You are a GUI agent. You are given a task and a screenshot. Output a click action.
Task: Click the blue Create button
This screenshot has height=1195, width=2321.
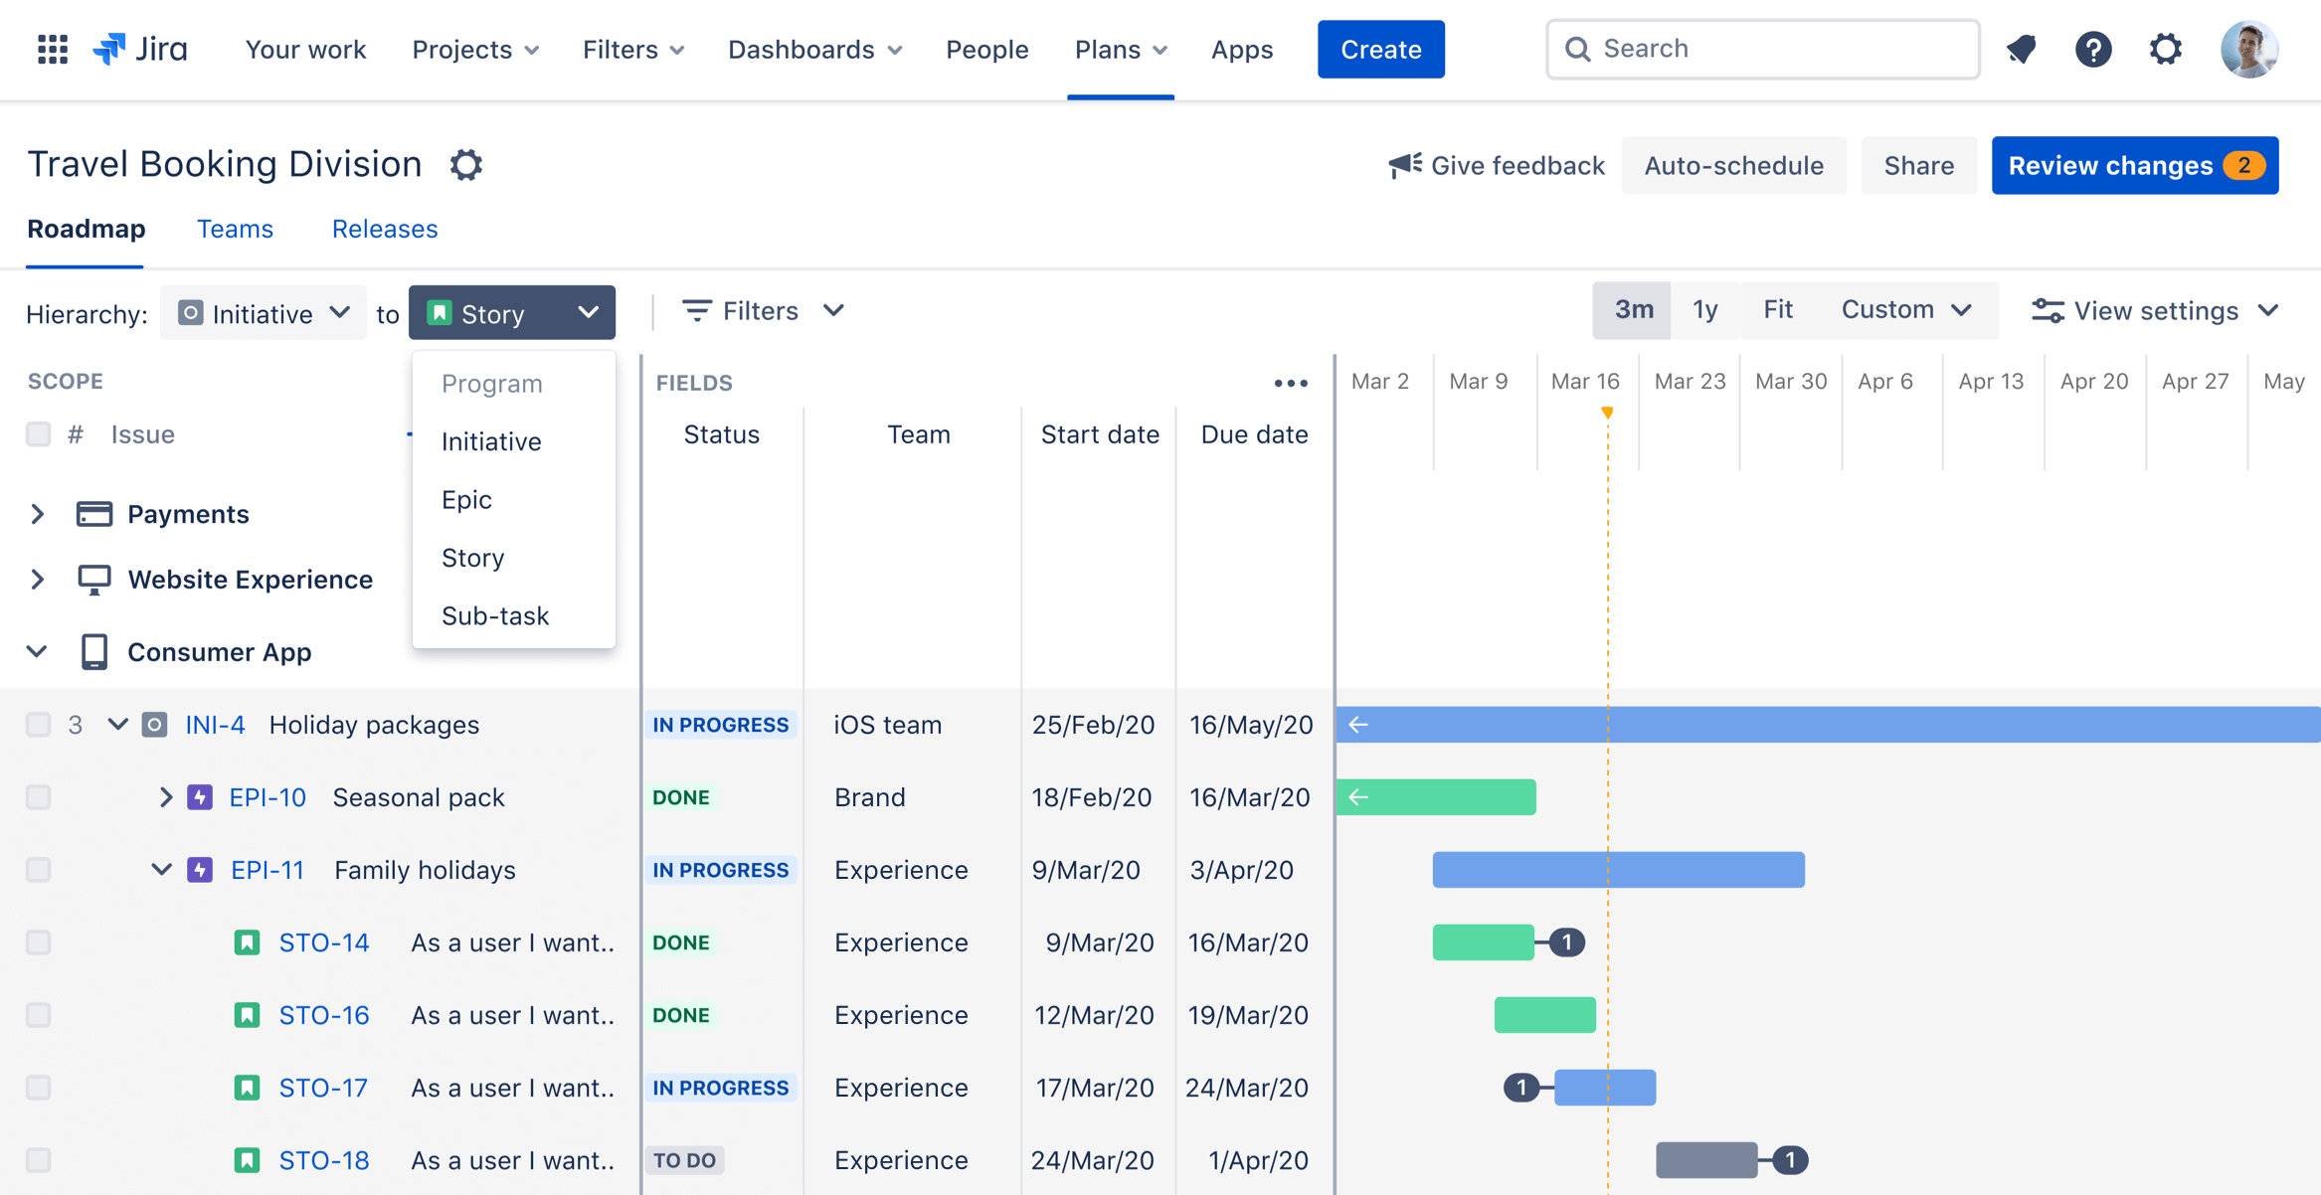click(x=1380, y=49)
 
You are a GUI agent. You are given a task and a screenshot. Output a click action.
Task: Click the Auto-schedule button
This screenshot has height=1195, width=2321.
click(x=1732, y=165)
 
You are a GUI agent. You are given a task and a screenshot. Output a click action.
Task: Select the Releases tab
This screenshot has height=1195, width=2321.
click(x=384, y=229)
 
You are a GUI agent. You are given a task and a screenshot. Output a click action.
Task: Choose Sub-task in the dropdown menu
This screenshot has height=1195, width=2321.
click(x=494, y=615)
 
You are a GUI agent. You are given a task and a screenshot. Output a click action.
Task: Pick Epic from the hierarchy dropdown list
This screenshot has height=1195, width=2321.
click(x=466, y=499)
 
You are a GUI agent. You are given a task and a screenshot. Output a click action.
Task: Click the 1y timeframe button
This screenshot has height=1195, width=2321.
click(x=1704, y=310)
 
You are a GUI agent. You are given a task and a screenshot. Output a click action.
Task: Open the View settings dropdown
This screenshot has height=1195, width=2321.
click(x=2154, y=310)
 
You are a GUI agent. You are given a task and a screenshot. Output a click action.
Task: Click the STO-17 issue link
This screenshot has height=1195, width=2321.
click(x=323, y=1088)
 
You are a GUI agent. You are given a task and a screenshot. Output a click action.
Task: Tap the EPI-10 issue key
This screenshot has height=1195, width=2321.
click(x=267, y=797)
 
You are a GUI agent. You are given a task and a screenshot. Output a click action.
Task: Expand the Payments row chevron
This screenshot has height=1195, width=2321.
click(x=37, y=514)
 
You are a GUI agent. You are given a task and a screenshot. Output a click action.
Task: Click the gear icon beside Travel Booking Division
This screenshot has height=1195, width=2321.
click(x=465, y=164)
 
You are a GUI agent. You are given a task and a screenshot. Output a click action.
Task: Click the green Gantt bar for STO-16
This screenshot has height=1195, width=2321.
click(x=1544, y=1015)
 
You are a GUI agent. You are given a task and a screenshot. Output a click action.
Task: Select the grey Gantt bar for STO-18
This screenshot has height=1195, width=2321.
click(x=1705, y=1160)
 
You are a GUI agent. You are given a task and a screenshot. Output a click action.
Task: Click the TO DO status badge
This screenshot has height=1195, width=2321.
click(x=684, y=1160)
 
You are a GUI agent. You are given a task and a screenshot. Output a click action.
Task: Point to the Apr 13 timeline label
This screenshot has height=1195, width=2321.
click(x=1990, y=382)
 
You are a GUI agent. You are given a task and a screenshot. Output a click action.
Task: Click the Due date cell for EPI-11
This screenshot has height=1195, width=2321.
click(x=1241, y=870)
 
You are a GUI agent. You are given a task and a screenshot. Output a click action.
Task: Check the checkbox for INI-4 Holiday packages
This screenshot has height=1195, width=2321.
click(x=38, y=725)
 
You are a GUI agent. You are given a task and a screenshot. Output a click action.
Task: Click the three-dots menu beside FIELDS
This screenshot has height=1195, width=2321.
click(x=1290, y=383)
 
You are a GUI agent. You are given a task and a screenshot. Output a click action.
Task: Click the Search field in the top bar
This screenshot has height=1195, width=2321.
click(x=1762, y=49)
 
